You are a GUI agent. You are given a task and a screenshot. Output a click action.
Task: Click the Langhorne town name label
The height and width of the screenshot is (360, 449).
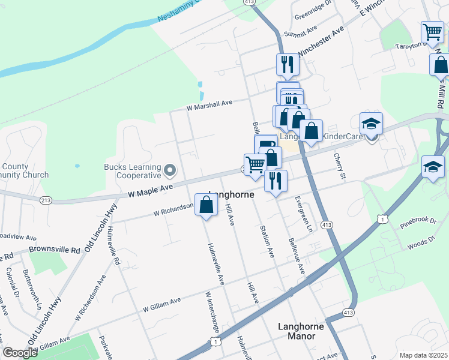point(231,196)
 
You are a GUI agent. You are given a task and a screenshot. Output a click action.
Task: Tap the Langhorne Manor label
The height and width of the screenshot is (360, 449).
point(301,331)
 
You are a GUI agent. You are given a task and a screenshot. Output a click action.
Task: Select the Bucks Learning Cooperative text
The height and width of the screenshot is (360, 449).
point(133,171)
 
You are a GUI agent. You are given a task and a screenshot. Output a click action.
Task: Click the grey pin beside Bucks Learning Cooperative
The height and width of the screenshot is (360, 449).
point(169,172)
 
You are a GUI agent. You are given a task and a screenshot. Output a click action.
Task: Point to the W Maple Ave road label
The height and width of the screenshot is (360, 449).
point(149,191)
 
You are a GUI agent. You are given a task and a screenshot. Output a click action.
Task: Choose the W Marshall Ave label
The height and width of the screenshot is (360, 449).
point(209,105)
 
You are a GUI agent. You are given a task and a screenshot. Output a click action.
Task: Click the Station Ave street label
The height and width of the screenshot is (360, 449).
point(267,242)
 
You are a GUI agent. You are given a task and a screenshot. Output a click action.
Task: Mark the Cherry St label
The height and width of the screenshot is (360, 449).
point(341,165)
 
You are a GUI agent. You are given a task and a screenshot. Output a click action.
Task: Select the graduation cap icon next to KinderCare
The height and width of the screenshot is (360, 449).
point(372,124)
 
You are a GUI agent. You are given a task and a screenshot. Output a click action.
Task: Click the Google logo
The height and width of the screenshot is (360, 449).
point(20,353)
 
